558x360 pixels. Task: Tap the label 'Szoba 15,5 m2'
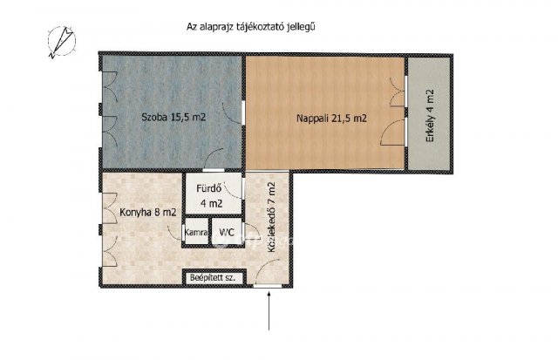tap(174, 118)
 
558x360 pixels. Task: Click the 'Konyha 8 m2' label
tap(141, 211)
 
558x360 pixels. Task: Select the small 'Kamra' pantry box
tap(195, 233)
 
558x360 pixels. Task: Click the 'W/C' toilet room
tap(227, 233)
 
